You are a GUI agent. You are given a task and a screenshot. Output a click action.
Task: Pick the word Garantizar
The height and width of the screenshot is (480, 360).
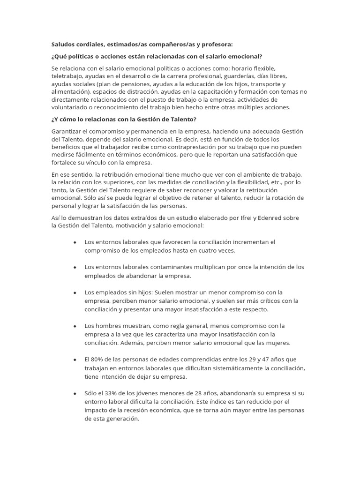[x=67, y=132]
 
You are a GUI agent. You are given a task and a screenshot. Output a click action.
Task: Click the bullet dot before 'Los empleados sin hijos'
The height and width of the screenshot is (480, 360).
[x=75, y=292]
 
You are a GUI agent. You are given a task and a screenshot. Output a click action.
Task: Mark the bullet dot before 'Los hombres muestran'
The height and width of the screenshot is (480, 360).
[x=75, y=326]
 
